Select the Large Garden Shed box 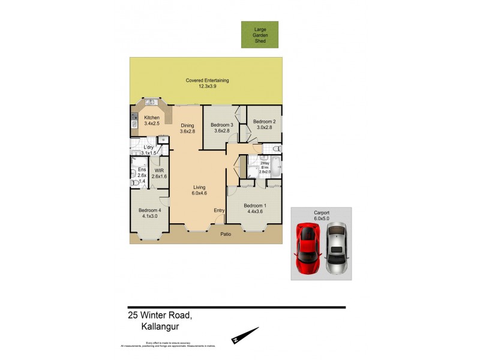pyautogui.click(x=260, y=34)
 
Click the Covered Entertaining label pyautogui.click(x=207, y=83)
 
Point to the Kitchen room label pyautogui.click(x=152, y=121)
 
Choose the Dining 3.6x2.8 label pyautogui.click(x=188, y=128)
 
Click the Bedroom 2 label pyautogui.click(x=264, y=124)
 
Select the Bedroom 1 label pyautogui.click(x=255, y=209)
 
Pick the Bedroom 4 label pyautogui.click(x=150, y=213)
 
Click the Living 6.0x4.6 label pyautogui.click(x=199, y=190)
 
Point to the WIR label pyautogui.click(x=159, y=173)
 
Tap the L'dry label pyautogui.click(x=149, y=150)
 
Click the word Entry pyautogui.click(x=219, y=210)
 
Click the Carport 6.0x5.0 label pyautogui.click(x=322, y=215)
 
